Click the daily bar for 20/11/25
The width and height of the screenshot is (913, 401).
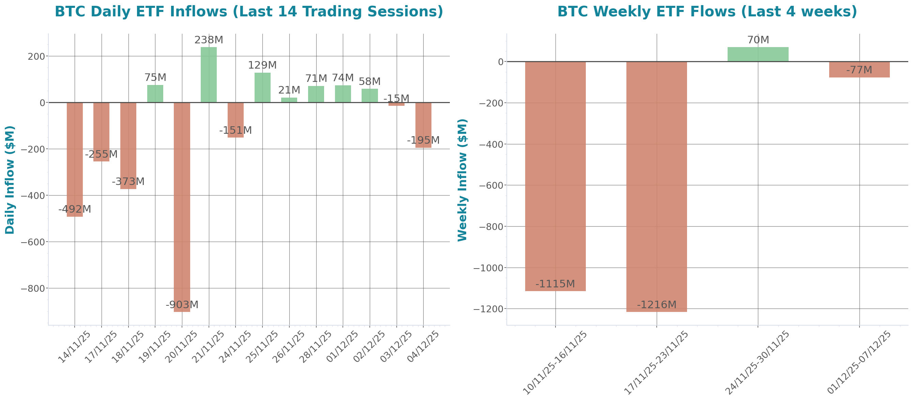[x=182, y=207]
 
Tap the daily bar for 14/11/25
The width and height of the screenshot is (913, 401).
[x=75, y=159]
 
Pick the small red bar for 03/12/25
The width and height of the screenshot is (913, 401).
[x=396, y=104]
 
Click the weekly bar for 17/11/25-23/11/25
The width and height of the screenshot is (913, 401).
[x=656, y=187]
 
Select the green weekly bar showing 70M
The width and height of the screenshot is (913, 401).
[x=758, y=54]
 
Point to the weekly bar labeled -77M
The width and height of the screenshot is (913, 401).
[x=859, y=70]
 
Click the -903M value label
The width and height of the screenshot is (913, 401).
[x=182, y=304]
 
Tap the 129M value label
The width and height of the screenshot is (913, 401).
[x=262, y=65]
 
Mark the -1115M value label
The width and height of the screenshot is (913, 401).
[x=555, y=284]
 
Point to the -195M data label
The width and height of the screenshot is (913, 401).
[x=423, y=140]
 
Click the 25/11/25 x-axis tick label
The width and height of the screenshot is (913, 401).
[x=263, y=346]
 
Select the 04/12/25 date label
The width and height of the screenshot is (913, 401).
[x=424, y=346]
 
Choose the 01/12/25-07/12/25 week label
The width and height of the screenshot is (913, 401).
[x=860, y=362]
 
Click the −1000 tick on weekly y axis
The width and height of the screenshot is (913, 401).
[x=488, y=268]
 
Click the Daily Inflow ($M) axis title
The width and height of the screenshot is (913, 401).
[x=10, y=180]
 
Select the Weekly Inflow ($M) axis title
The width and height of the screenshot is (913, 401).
[x=462, y=180]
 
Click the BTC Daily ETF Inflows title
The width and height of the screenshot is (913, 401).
[x=249, y=11]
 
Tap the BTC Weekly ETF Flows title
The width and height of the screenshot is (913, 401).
[x=707, y=11]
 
